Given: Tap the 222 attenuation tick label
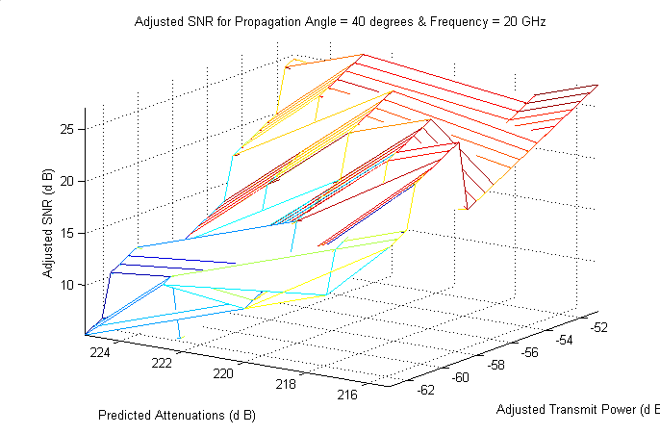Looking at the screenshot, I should pos(163,363).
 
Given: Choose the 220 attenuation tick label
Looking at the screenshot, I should pos(224,373).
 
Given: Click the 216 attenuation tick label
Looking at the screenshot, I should pos(349,395).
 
